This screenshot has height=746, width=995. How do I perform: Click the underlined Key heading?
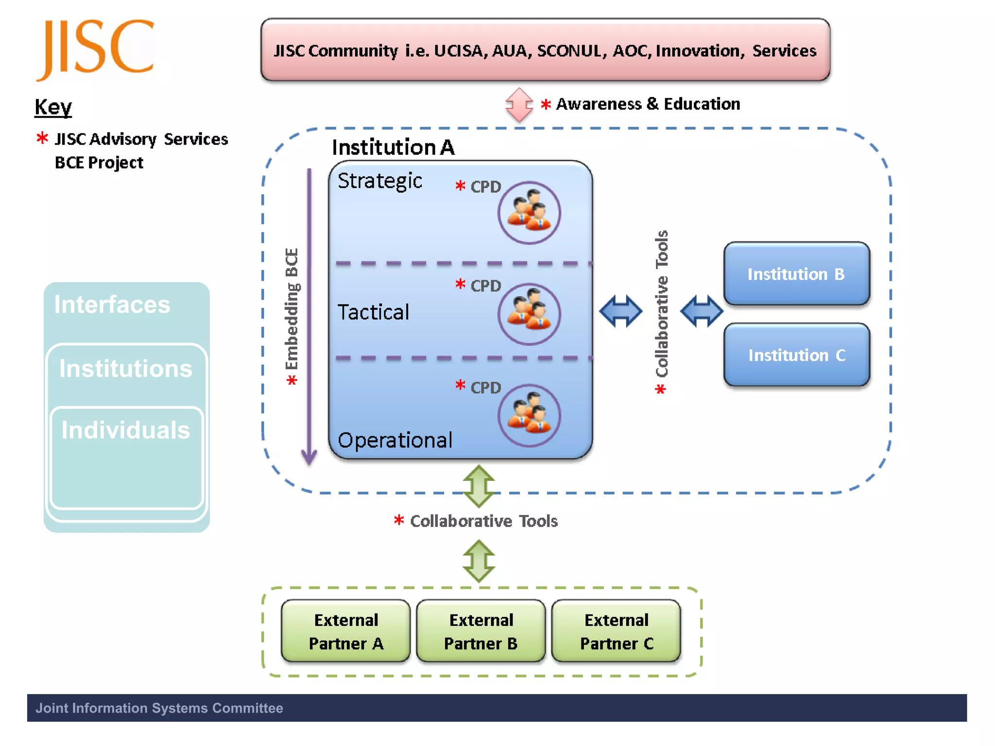pos(53,106)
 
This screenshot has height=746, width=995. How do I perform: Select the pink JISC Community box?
pos(545,50)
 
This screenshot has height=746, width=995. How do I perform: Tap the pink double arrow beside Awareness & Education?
pos(519,104)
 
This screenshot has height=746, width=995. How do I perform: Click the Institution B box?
pos(796,274)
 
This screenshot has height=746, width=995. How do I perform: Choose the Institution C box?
pos(796,355)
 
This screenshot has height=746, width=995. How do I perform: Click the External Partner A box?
pos(345,631)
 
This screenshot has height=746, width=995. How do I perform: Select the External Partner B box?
pos(480,631)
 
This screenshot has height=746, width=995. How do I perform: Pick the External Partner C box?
pos(616,631)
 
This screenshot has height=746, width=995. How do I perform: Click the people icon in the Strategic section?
pos(529,212)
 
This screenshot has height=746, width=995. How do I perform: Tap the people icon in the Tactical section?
pos(529,314)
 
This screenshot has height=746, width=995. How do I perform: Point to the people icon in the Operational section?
pos(529,415)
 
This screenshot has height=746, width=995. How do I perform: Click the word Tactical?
pos(373,312)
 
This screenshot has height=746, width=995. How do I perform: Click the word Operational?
pos(395,440)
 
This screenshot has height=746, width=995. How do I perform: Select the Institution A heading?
pos(393,147)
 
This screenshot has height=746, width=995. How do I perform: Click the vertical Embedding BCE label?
pos(292,311)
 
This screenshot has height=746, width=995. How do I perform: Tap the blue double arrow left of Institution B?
pos(701,311)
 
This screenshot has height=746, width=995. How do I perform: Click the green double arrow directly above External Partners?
pos(479,561)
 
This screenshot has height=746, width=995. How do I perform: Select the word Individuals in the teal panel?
pos(125,430)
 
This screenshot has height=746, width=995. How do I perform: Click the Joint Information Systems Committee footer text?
pos(159,708)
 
